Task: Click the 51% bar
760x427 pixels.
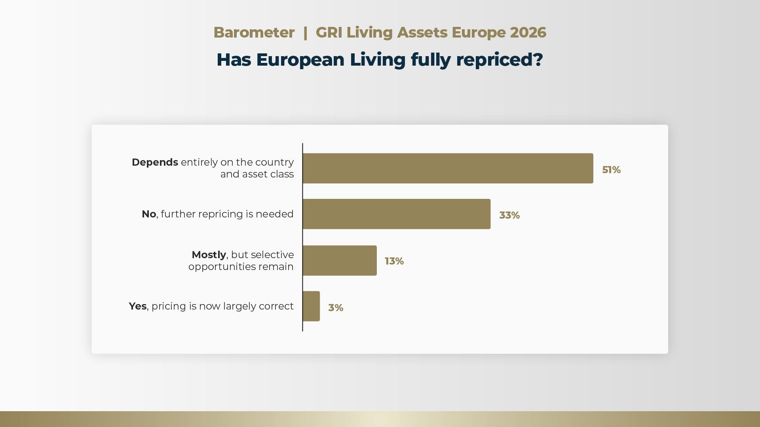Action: pyautogui.click(x=448, y=168)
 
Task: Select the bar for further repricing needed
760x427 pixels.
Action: pyautogui.click(x=397, y=214)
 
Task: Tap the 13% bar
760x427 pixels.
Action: pyautogui.click(x=340, y=261)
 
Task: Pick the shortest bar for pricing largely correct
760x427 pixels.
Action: pyautogui.click(x=311, y=306)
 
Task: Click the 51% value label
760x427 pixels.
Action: pyautogui.click(x=611, y=170)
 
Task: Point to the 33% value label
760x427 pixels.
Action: pyautogui.click(x=509, y=215)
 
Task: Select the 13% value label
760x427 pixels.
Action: pyautogui.click(x=394, y=261)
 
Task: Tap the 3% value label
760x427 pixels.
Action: pyautogui.click(x=336, y=308)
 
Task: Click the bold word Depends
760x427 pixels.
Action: pyautogui.click(x=155, y=162)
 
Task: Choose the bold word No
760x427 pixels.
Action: pyautogui.click(x=149, y=214)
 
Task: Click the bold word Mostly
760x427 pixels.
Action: pyautogui.click(x=209, y=255)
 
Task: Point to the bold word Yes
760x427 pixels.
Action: pyautogui.click(x=138, y=306)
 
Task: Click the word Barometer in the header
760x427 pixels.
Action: pyautogui.click(x=254, y=32)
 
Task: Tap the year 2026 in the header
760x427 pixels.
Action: pyautogui.click(x=528, y=32)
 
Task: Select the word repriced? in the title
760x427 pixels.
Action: pyautogui.click(x=500, y=60)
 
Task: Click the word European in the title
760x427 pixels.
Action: pyautogui.click(x=300, y=60)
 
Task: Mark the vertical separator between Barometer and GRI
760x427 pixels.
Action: pyautogui.click(x=305, y=32)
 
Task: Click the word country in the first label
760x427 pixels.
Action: pyautogui.click(x=274, y=162)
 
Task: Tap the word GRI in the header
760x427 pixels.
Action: pyautogui.click(x=329, y=32)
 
